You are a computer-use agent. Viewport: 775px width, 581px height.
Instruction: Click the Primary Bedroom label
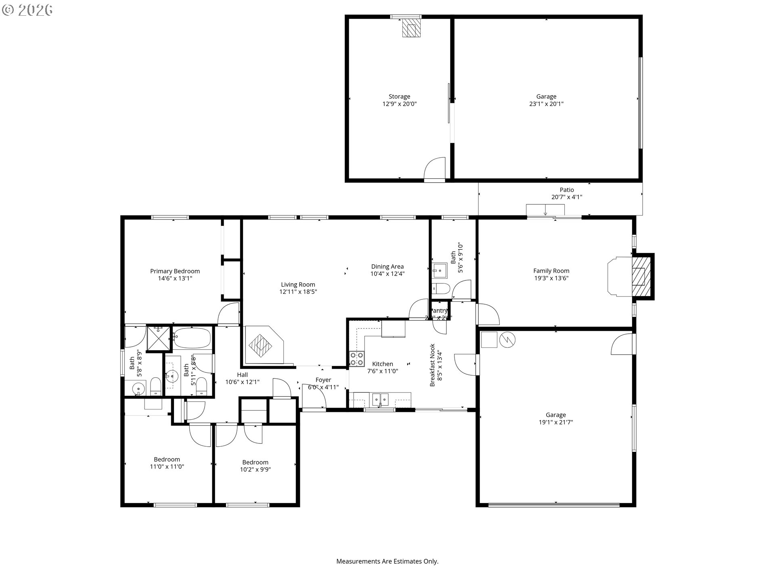(x=175, y=271)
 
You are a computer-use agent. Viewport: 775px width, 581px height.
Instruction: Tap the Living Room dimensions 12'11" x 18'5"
(x=298, y=292)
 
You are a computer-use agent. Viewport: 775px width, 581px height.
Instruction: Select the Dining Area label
(x=387, y=266)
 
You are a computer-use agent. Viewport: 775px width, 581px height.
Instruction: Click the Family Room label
(x=551, y=271)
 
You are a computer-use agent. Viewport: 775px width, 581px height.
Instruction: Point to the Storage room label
(x=399, y=96)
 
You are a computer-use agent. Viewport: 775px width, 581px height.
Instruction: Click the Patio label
(x=566, y=190)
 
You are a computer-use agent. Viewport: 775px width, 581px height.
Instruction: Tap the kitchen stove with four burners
(x=356, y=359)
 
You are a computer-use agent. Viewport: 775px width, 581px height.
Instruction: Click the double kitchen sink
(x=380, y=399)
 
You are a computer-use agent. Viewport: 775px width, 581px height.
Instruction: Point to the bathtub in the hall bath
(x=192, y=338)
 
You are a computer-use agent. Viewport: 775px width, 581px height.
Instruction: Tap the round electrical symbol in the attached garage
(x=507, y=340)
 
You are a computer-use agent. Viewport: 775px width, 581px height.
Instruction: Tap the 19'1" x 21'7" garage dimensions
(x=555, y=422)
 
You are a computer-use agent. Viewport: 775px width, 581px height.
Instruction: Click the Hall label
(x=242, y=375)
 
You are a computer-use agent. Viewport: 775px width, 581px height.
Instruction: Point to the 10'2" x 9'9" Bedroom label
(x=255, y=462)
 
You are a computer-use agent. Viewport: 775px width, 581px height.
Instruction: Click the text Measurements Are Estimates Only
(x=387, y=561)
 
